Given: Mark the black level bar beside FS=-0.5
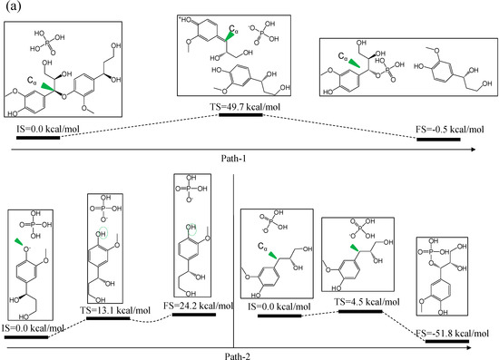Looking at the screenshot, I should (x=437, y=141).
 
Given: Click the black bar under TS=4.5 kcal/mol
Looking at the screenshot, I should (x=359, y=311).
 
